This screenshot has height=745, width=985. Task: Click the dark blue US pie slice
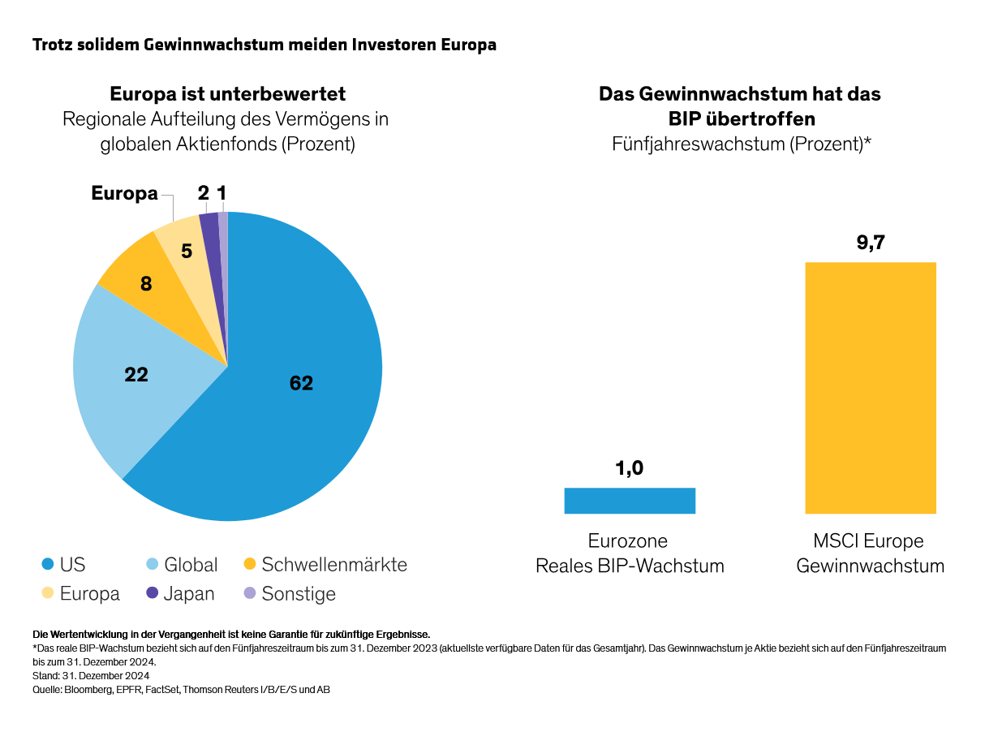308,406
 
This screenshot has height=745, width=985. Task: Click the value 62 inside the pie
301,383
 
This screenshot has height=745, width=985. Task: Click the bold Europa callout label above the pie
124,193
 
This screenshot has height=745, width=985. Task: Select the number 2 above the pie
203,193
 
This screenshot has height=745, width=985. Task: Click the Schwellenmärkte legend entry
325,565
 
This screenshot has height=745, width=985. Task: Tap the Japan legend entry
180,594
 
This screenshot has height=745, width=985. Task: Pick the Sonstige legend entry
290,594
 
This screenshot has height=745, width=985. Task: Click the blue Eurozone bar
630,501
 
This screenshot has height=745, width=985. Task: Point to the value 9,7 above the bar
870,243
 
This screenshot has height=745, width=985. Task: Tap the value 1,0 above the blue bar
630,468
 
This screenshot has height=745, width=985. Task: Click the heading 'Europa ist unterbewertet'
228,94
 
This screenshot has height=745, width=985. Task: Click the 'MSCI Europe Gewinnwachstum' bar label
870,553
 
